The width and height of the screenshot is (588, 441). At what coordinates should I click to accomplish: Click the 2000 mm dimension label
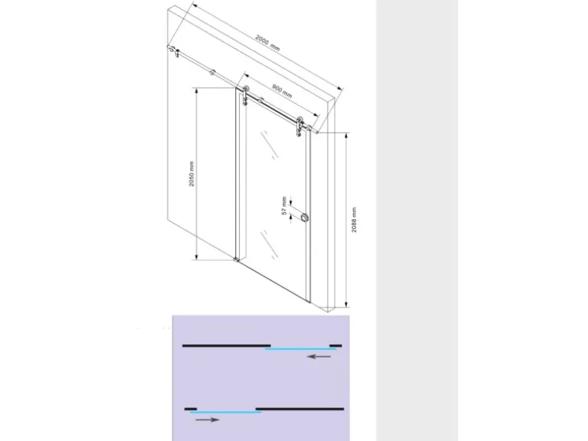[x=267, y=43]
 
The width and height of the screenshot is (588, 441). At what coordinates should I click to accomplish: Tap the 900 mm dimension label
[x=282, y=92]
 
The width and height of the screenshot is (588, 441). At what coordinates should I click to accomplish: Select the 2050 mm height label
[x=192, y=174]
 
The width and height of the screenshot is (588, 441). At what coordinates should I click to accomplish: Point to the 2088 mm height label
[x=354, y=220]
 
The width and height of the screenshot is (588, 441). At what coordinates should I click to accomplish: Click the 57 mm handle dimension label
[x=284, y=206]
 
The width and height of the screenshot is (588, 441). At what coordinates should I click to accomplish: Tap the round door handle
[x=304, y=217]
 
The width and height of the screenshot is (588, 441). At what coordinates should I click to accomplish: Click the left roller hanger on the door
[x=245, y=95]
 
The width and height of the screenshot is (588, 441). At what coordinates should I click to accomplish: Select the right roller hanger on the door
[x=299, y=127]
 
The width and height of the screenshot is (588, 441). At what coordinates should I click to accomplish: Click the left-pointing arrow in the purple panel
[x=318, y=356]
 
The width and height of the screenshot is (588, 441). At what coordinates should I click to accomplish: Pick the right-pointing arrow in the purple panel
[x=208, y=420]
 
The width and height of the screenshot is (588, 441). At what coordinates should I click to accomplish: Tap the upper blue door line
[x=300, y=349]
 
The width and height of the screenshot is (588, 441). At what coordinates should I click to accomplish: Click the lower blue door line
[x=225, y=412]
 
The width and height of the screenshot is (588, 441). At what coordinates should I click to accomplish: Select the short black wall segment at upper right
[x=336, y=346]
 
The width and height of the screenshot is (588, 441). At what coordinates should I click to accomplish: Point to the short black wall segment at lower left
[x=190, y=409]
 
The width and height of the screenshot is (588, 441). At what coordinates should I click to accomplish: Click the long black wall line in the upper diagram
[x=227, y=346]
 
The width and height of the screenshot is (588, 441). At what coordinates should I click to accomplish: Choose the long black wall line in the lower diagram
[x=299, y=409]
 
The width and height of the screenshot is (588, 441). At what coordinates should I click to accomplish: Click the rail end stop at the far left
[x=171, y=49]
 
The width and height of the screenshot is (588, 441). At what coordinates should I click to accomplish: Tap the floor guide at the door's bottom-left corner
[x=236, y=259]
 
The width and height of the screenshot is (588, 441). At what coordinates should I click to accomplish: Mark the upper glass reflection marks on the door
[x=270, y=145]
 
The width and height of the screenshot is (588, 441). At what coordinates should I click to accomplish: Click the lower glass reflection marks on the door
[x=270, y=244]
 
